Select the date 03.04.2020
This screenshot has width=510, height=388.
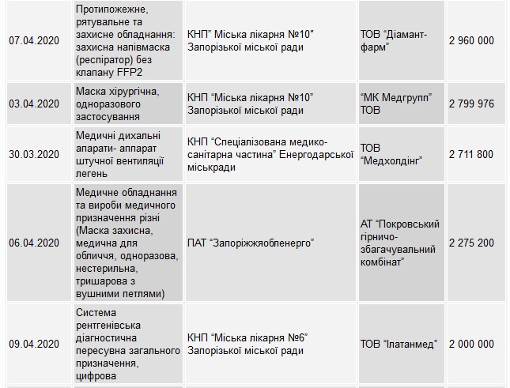click(34, 104)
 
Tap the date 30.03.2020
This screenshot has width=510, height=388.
click(34, 153)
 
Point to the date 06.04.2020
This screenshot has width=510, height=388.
click(34, 243)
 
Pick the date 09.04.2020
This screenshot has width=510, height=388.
click(34, 344)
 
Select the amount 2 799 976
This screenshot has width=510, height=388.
click(471, 104)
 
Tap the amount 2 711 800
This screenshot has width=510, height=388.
click(471, 153)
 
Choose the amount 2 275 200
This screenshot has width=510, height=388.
click(471, 243)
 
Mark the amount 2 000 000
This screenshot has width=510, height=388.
click(471, 344)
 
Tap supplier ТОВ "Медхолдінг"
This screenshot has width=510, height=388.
click(391, 153)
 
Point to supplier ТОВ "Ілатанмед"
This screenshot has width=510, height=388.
click(395, 344)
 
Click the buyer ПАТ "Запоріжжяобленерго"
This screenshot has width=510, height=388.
click(251, 243)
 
